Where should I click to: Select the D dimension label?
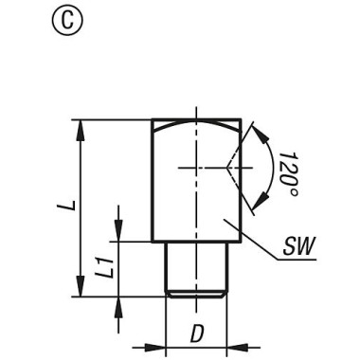coord(196,333)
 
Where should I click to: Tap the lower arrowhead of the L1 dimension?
coord(117,302)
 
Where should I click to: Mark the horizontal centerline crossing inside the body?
coord(194,168)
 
